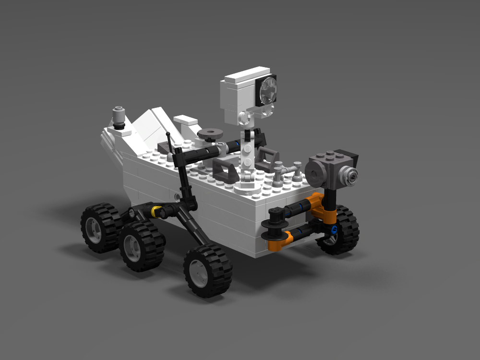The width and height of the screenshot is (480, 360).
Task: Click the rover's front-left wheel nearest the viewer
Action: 207,270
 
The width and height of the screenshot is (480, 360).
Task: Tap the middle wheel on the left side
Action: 142,245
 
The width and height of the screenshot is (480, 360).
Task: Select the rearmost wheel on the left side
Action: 100,227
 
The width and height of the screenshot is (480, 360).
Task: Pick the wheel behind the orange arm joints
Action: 342,230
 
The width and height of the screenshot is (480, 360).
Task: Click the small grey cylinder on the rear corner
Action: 119,115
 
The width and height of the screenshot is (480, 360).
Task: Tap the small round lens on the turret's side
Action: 349,176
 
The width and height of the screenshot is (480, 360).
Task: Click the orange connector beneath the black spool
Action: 277,242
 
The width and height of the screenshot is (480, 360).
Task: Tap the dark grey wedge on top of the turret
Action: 348,156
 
